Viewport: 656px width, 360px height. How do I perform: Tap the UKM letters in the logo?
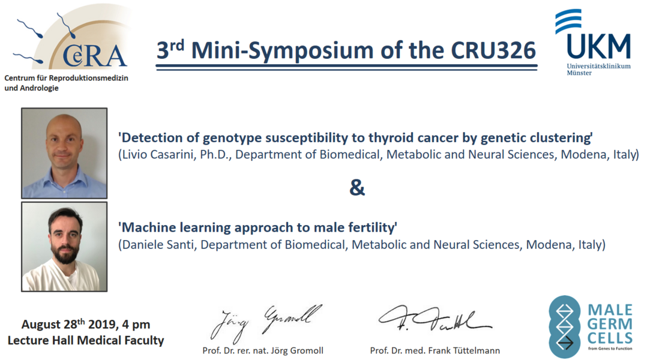pos(598,46)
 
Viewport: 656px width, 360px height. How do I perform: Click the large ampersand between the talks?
pos(357,187)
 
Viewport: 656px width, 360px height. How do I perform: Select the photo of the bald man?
pos(64,153)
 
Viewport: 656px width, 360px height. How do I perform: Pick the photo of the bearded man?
pos(64,247)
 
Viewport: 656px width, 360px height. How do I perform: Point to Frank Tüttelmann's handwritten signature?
pos(435,319)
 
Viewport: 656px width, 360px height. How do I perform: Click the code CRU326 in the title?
pos(493,50)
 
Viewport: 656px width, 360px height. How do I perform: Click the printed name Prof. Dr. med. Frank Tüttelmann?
pos(435,350)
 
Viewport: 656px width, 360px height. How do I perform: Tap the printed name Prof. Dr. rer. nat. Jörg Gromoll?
pos(263,350)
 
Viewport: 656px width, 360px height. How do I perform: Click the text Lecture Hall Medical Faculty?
pos(86,340)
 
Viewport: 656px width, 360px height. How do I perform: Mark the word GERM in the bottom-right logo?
pos(610,324)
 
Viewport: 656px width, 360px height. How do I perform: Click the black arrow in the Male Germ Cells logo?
pos(565,343)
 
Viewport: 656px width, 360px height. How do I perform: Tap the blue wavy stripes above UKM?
pos(568,21)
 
